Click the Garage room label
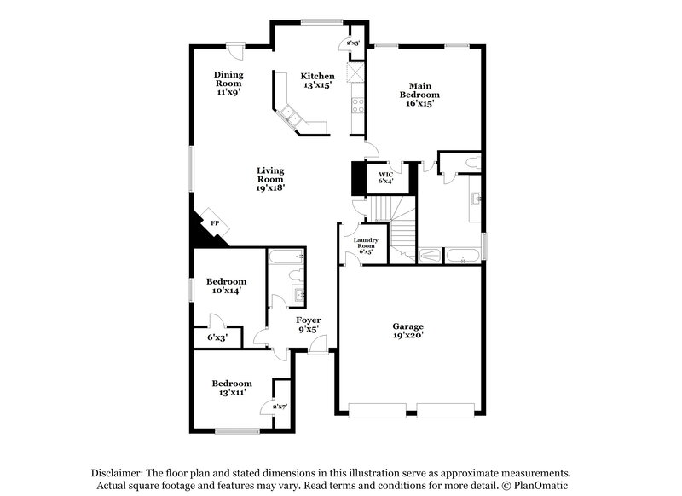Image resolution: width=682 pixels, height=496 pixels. (x=407, y=331)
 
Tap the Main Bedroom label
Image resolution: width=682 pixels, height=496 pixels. (x=419, y=94)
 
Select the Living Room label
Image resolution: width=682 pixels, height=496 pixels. (x=270, y=178)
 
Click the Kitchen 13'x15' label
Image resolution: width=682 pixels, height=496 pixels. (x=316, y=80)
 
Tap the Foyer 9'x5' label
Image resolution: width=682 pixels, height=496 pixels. (x=308, y=325)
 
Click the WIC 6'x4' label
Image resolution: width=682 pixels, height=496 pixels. (x=386, y=177)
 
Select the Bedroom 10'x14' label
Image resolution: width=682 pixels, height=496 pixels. (x=227, y=286)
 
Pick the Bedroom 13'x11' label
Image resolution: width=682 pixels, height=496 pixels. (x=232, y=389)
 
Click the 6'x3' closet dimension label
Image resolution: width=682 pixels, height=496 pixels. (x=218, y=337)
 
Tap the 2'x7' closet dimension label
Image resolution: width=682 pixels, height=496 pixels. (x=280, y=407)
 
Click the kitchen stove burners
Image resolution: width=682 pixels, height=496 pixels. (x=358, y=106)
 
